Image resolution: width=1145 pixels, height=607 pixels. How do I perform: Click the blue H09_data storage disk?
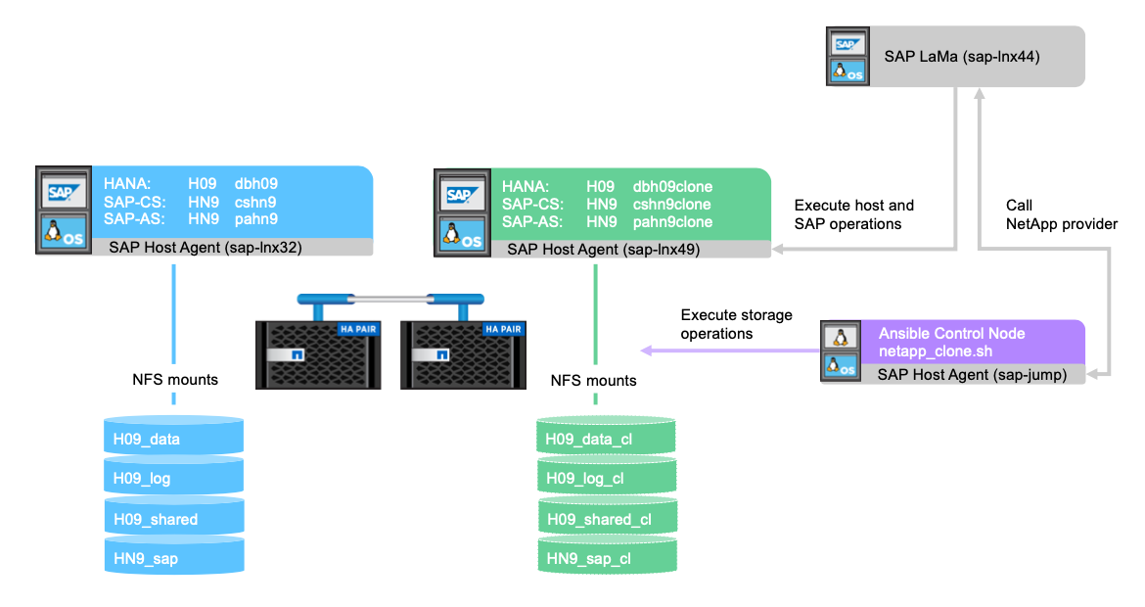(173, 440)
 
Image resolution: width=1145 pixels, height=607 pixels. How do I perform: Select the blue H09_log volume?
(173, 480)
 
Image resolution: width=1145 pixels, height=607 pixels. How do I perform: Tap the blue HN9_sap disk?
(173, 559)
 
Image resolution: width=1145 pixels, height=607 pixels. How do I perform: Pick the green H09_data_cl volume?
(607, 440)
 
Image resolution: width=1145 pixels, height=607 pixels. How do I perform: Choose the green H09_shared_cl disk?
(607, 519)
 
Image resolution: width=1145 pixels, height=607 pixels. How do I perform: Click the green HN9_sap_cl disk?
(607, 559)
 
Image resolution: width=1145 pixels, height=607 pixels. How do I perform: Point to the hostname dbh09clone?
(673, 186)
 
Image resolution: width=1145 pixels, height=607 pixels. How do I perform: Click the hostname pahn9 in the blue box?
(256, 221)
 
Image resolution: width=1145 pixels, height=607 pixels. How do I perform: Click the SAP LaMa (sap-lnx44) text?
(961, 57)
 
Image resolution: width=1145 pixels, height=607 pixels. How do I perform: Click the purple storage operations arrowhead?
(647, 350)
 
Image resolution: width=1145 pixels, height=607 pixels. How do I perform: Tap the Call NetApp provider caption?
(1061, 215)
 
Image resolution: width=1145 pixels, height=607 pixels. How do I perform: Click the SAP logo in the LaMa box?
(846, 44)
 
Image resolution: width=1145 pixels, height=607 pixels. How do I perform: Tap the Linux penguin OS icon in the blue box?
(62, 234)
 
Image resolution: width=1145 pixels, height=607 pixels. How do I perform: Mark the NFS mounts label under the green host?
(594, 380)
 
